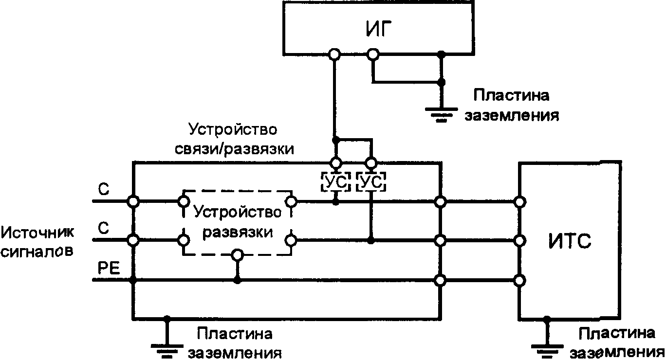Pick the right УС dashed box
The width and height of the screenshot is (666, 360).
tap(371, 183)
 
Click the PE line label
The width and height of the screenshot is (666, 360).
tap(106, 269)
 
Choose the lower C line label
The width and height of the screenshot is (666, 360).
tap(103, 229)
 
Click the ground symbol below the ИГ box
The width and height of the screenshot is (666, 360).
tap(441, 114)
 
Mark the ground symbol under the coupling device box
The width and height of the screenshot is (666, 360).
tap(167, 348)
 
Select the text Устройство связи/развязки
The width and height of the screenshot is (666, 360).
tap(234, 139)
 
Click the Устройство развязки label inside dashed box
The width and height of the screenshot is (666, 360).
tap(237, 222)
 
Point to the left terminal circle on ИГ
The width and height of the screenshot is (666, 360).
tap(334, 54)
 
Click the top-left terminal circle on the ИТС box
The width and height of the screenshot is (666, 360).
tap(520, 201)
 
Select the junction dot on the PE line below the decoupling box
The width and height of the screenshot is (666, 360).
tap(237, 280)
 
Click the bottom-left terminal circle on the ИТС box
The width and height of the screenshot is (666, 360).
tap(520, 280)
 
